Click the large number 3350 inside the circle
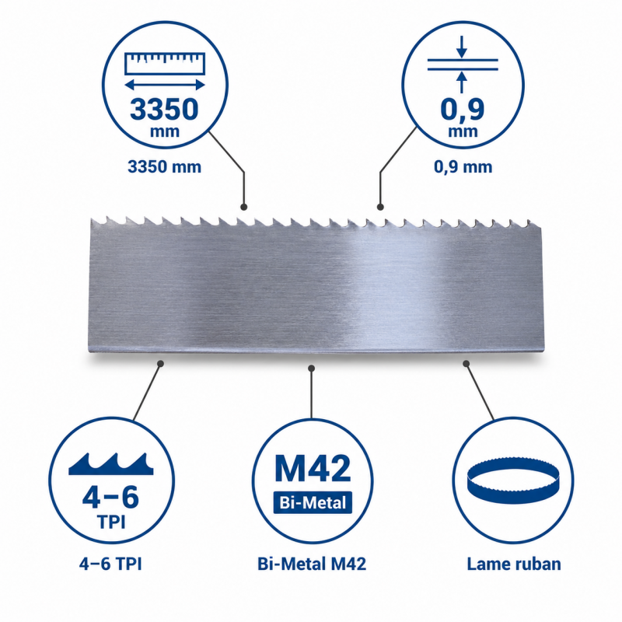164,110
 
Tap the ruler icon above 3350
165,64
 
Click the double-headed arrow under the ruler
165,85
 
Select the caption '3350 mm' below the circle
165,166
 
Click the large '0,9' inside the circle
463,109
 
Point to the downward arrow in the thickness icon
461,47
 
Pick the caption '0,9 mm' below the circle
463,166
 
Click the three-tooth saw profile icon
111,463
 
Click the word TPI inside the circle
111,522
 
